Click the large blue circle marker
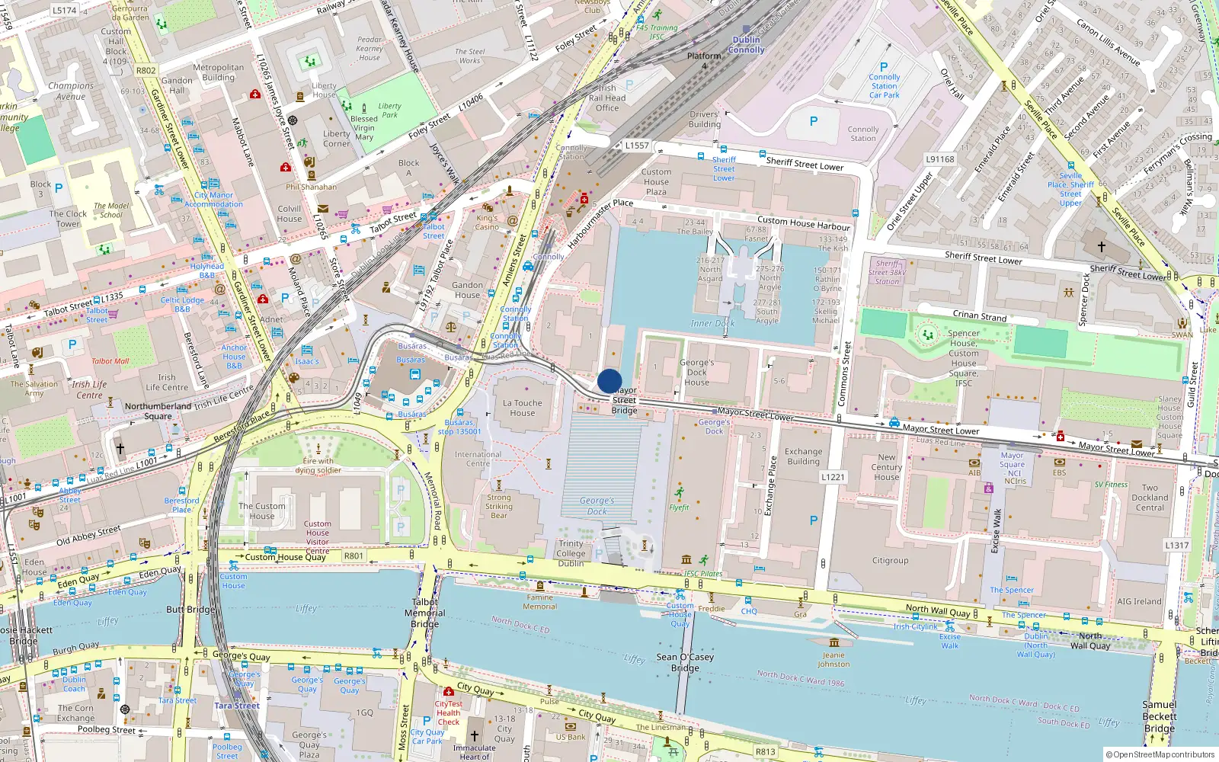tap(609, 381)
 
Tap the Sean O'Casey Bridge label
tap(685, 662)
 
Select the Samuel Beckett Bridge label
tap(1159, 716)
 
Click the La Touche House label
tap(523, 408)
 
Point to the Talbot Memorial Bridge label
tap(424, 613)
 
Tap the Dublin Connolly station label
tap(746, 44)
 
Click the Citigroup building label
tap(890, 560)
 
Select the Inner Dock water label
tap(712, 323)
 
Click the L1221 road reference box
tap(833, 477)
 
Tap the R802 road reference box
tap(146, 70)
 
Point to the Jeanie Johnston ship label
tap(833, 659)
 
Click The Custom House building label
tap(261, 511)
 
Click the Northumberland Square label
tap(158, 411)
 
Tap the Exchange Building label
tap(803, 456)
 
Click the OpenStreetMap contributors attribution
tap(1160, 754)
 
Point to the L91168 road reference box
tap(939, 159)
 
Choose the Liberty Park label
tap(389, 110)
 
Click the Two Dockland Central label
tap(1150, 498)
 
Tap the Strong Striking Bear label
tap(499, 506)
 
